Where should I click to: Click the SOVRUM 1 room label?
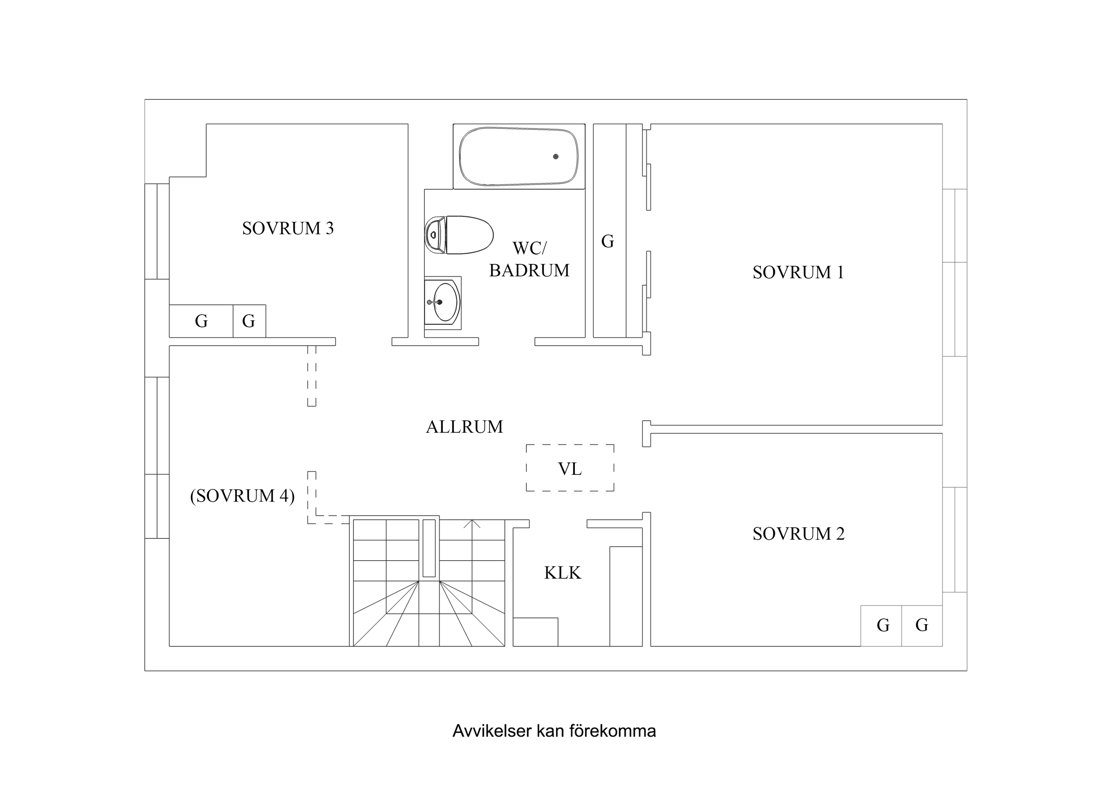pos(798,272)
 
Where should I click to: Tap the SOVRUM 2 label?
pos(798,534)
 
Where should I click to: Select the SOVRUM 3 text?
pos(288,228)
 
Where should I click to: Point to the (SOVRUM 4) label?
pos(242,496)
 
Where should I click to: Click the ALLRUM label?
pos(464,426)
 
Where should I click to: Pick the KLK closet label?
pos(562,573)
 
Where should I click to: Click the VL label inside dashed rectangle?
pos(570,469)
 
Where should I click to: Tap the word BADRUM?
pos(529,271)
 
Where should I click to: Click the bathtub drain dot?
pos(556,157)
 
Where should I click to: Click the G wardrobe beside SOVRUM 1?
pos(608,241)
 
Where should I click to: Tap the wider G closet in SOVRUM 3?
pos(201,321)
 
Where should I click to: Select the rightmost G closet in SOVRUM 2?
pos(921,626)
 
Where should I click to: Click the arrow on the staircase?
pos(472,523)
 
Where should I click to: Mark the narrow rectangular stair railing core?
pos(429,548)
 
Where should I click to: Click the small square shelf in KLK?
pos(535,632)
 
